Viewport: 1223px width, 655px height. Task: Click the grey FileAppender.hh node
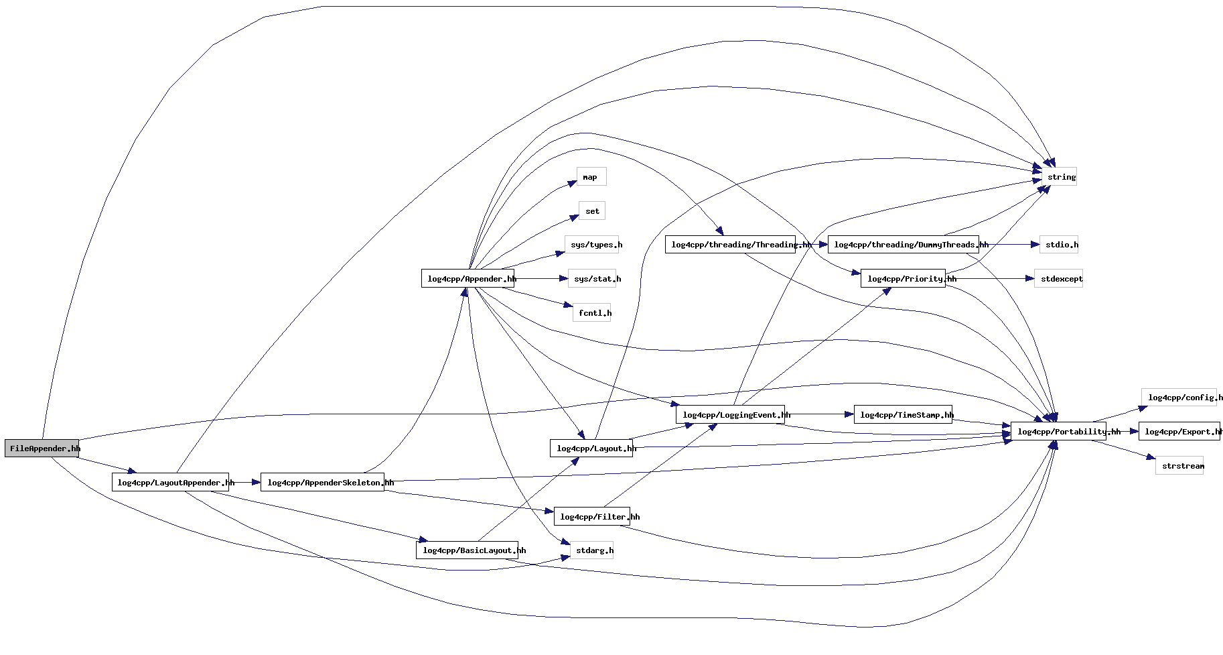[x=42, y=449]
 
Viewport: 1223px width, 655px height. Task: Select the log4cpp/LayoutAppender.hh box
[x=170, y=482]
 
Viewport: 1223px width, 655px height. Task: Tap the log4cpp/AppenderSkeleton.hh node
[x=322, y=482]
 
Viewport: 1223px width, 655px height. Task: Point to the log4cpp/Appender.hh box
[x=467, y=278]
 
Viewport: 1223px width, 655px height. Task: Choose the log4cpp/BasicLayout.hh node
[x=467, y=550]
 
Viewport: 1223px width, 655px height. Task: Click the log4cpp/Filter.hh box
[x=592, y=516]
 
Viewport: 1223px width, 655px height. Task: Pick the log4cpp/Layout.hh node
[x=591, y=449]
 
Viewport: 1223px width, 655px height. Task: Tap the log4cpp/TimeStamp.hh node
[x=903, y=415]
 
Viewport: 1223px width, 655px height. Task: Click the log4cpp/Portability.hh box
[x=1058, y=432]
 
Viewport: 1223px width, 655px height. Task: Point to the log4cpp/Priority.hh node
[x=903, y=278]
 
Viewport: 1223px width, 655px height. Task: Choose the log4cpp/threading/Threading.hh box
[x=731, y=245]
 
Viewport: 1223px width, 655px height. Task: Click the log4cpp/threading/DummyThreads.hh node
[x=903, y=245]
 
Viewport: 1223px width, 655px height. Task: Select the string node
[x=1059, y=177]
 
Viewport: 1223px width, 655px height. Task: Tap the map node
[x=591, y=177]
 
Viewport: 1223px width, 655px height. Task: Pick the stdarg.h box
[x=592, y=550]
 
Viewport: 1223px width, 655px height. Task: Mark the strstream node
[x=1179, y=466]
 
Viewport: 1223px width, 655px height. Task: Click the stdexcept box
[x=1058, y=278]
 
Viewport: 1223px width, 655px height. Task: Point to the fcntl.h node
[x=592, y=312]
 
